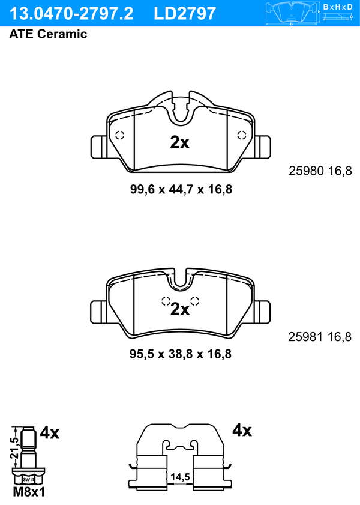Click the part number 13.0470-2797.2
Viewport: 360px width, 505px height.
(x=71, y=14)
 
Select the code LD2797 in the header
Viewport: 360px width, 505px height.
(x=185, y=14)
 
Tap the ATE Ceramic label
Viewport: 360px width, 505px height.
(x=48, y=34)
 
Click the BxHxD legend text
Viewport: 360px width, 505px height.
(x=337, y=7)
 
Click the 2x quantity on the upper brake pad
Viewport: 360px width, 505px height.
(x=179, y=142)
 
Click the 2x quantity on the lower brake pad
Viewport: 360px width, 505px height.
(x=180, y=309)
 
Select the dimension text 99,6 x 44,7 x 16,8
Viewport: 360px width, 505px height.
(x=181, y=189)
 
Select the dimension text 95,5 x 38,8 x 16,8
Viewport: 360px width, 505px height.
(x=181, y=354)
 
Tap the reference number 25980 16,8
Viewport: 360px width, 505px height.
(x=320, y=171)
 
